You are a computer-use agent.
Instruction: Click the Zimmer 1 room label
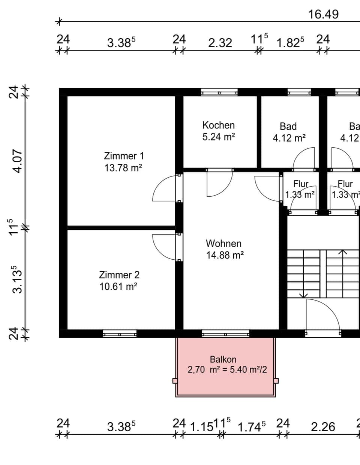[123, 156]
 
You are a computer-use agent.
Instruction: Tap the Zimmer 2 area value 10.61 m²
[118, 287]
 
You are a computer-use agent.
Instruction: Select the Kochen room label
[218, 125]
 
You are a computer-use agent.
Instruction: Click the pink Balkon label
[223, 359]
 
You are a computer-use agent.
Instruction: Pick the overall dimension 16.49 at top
[323, 14]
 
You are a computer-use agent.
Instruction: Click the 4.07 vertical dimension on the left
[18, 161]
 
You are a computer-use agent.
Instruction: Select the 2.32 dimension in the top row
[220, 43]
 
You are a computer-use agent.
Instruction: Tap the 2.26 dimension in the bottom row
[323, 427]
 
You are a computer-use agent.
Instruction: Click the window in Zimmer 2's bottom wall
[120, 334]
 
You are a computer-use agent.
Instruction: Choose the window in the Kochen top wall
[219, 92]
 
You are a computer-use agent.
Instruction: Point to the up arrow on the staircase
[342, 252]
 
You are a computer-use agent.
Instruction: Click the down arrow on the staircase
[304, 295]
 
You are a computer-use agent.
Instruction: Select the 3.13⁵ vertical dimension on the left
[18, 279]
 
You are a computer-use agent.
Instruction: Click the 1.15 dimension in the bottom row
[201, 427]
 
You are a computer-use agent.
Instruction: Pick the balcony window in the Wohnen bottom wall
[225, 334]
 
